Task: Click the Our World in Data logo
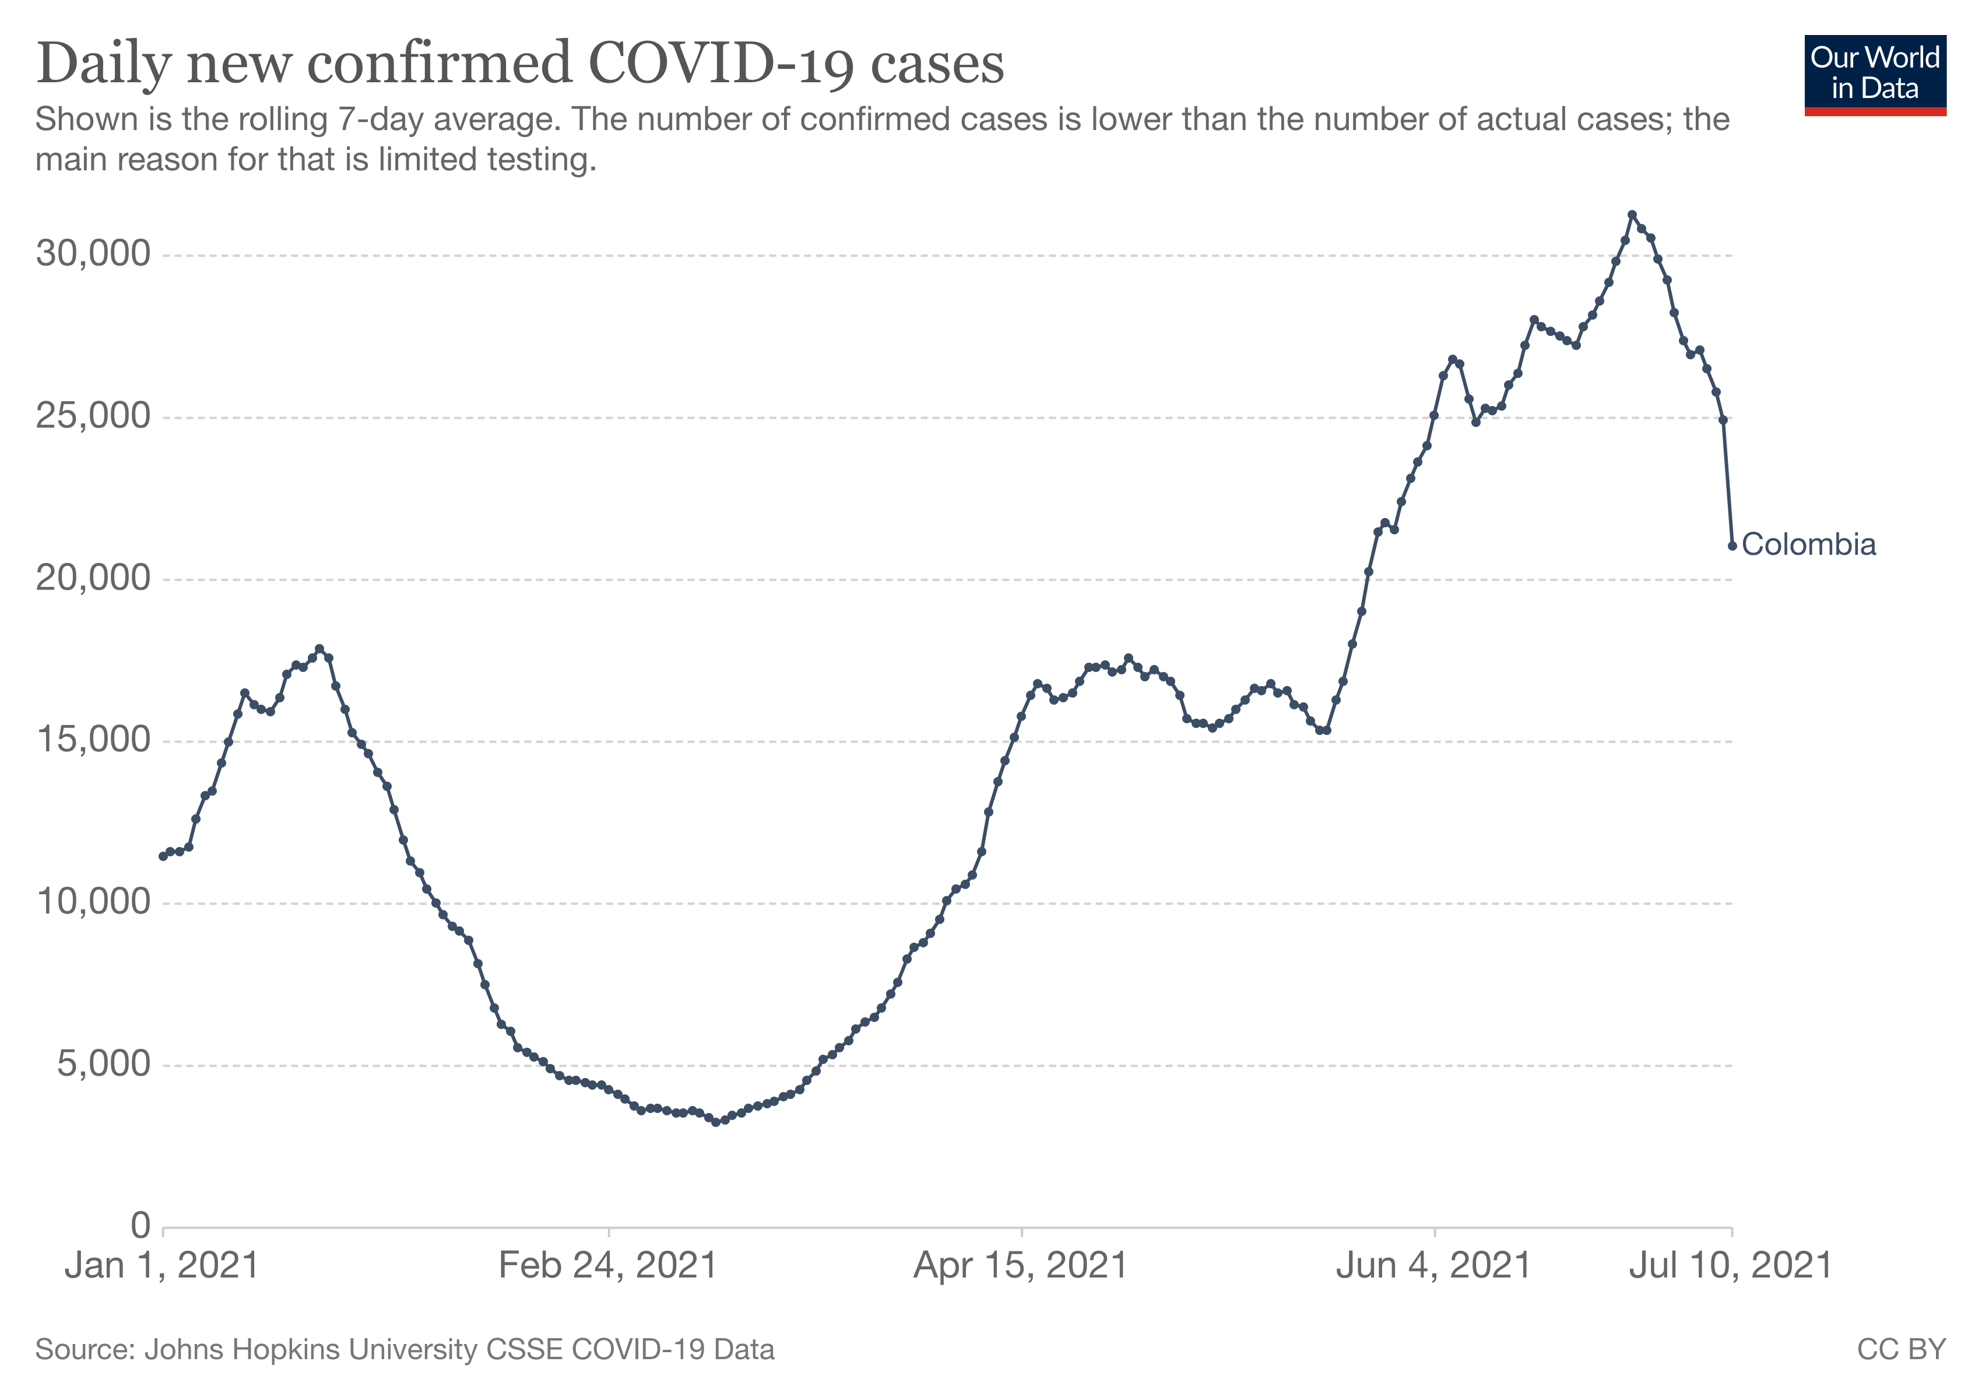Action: (1874, 74)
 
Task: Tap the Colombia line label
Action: (1808, 545)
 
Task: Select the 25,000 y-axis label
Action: (92, 416)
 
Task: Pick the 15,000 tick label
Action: (92, 740)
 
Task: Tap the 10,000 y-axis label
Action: (92, 902)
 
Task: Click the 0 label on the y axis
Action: (140, 1226)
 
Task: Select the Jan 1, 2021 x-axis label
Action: (162, 1266)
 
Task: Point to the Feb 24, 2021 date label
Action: (609, 1266)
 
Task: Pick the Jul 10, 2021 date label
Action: (1730, 1266)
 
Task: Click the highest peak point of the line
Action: (1632, 215)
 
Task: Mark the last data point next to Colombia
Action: (1732, 546)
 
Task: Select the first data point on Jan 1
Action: (163, 856)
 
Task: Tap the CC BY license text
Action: (1901, 1349)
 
